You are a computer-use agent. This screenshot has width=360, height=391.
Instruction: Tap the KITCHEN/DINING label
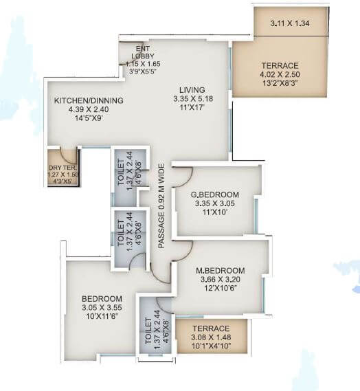click(x=89, y=101)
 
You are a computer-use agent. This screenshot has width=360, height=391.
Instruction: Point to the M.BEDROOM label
click(x=221, y=271)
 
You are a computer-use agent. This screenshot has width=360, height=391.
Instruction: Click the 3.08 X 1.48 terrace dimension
click(x=210, y=337)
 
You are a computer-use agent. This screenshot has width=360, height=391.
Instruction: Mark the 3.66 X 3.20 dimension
click(x=221, y=280)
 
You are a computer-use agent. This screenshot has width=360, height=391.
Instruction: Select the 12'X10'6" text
click(x=220, y=289)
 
